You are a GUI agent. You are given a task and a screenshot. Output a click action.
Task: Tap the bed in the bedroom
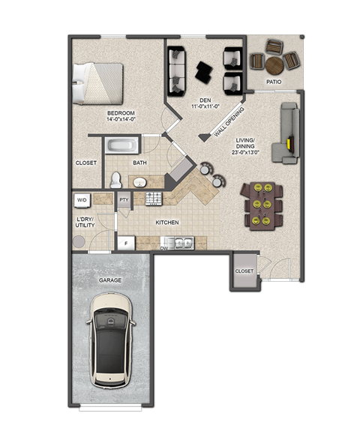(x=97, y=83)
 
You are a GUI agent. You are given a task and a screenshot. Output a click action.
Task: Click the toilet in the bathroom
(x=115, y=180)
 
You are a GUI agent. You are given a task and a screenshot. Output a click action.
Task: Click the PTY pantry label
(x=124, y=200)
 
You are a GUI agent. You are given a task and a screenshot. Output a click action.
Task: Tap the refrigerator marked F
(x=124, y=242)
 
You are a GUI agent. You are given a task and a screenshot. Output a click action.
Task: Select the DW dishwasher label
(x=163, y=247)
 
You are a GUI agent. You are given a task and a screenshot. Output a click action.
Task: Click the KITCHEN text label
(x=166, y=223)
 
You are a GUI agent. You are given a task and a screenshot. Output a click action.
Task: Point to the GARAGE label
(x=110, y=280)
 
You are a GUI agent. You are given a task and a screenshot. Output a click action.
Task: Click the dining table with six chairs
(x=262, y=204)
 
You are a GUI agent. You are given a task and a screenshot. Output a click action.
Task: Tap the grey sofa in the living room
(x=289, y=133)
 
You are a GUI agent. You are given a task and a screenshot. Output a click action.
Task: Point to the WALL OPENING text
(x=229, y=120)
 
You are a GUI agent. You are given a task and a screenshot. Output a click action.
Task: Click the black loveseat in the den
(x=177, y=71)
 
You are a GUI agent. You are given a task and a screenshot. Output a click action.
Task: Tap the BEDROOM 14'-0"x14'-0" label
(x=120, y=116)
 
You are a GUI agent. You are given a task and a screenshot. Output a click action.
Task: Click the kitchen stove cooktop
(x=154, y=198)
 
